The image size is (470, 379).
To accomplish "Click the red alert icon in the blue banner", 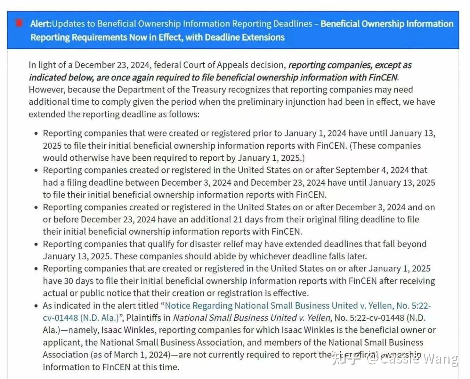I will coord(19,23).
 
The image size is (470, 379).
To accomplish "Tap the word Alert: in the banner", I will coord(41,24).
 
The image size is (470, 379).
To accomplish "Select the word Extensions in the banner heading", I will coord(263,37).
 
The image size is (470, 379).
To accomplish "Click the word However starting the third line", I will coord(46,90).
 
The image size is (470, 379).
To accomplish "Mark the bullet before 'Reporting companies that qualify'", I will coord(36,244).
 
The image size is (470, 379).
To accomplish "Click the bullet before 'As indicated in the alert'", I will coord(36,306).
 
